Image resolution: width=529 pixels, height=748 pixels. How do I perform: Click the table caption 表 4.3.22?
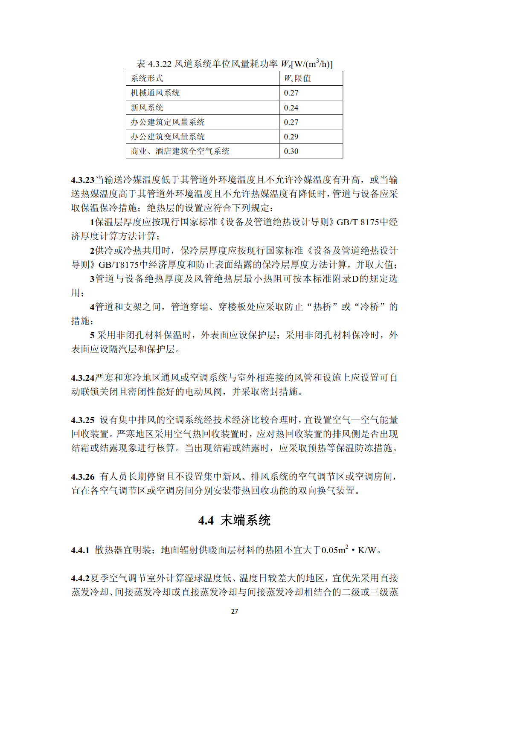click(234, 64)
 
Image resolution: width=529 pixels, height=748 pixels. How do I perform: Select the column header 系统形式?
click(147, 78)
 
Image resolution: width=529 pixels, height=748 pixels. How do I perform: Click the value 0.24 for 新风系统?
click(291, 108)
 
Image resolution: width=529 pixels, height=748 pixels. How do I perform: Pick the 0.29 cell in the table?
click(291, 137)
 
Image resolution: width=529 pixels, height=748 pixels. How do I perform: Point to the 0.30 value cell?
click(291, 151)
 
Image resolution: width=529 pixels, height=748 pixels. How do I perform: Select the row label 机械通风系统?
click(155, 93)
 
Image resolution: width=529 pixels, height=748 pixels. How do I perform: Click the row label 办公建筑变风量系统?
click(168, 137)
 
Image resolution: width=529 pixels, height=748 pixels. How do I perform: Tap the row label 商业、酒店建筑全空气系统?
click(180, 151)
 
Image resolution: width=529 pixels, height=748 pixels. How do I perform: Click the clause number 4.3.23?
click(82, 180)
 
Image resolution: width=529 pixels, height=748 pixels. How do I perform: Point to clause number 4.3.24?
click(82, 378)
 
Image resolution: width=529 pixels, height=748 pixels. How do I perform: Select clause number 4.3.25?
click(82, 420)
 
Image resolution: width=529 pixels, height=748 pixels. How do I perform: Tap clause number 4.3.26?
click(82, 477)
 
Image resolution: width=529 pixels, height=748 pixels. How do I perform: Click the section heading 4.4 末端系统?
click(234, 520)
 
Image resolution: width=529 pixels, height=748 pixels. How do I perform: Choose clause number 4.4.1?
click(80, 550)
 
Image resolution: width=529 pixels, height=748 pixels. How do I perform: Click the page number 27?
click(234, 611)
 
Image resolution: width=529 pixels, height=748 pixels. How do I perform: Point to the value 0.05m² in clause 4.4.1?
click(335, 550)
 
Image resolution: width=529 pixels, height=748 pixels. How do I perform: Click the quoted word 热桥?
click(323, 307)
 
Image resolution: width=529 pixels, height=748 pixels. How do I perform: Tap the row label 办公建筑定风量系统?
click(168, 122)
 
